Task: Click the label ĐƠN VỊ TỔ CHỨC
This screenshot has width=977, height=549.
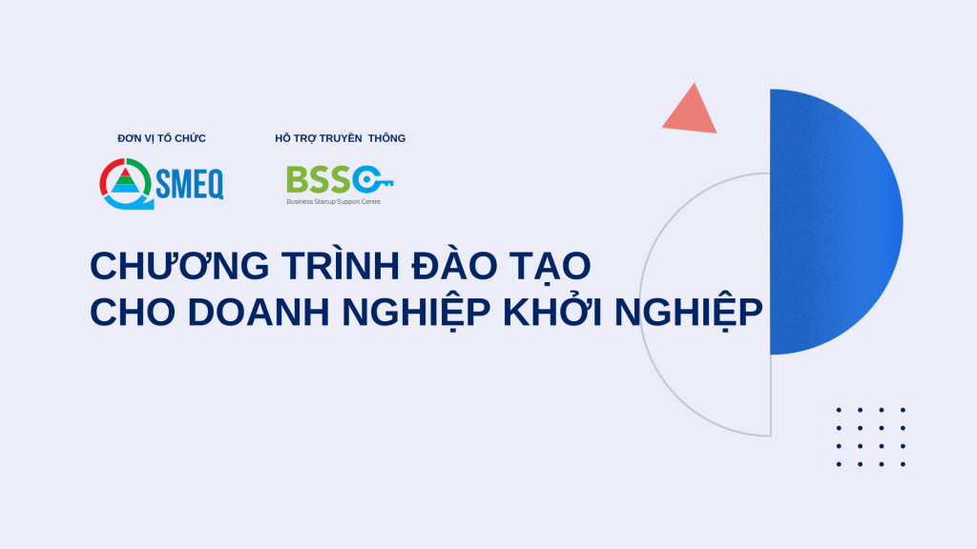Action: point(161,138)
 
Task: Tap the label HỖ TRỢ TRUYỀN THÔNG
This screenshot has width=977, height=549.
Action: point(340,138)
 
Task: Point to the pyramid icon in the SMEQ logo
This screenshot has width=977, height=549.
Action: point(124,181)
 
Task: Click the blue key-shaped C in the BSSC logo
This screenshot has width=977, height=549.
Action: point(372,179)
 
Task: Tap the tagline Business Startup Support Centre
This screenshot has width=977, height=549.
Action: point(333,201)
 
